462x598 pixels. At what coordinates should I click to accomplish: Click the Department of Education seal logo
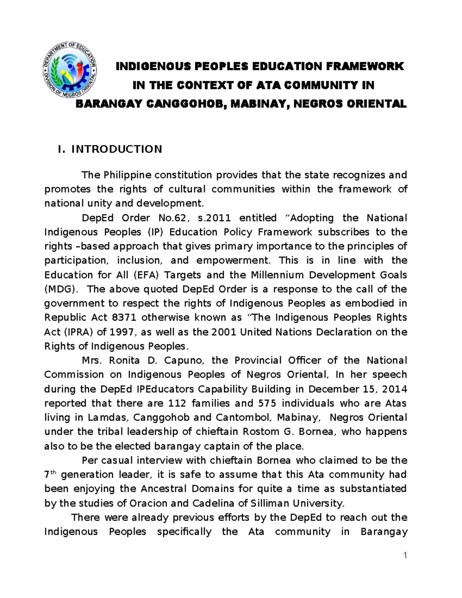point(69,70)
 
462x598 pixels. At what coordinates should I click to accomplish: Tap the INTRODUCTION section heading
point(117,149)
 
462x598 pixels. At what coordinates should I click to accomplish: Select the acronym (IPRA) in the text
point(75,332)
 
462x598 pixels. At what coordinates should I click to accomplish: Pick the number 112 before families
point(177,403)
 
